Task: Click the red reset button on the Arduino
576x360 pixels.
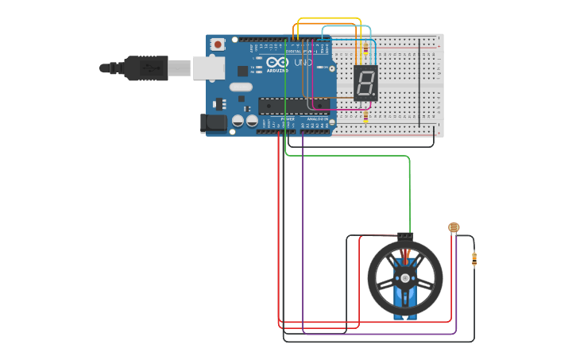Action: tap(217, 45)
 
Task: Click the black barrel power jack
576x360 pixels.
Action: tap(214, 122)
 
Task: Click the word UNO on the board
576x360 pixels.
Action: tap(303, 62)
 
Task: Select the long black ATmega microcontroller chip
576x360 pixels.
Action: tap(293, 105)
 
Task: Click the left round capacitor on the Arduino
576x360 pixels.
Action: tap(238, 121)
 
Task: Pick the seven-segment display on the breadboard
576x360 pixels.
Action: tap(365, 83)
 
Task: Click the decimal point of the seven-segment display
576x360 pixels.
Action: tap(373, 95)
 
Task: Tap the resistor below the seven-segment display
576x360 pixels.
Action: tap(365, 116)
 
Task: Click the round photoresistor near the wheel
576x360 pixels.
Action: tap(454, 227)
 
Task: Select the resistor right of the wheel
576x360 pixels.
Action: tap(474, 258)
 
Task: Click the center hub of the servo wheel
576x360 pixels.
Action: tap(405, 279)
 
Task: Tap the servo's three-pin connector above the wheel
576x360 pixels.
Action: tap(405, 235)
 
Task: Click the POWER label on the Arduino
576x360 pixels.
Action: tap(287, 118)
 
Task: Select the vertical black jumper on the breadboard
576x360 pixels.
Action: tap(420, 82)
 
